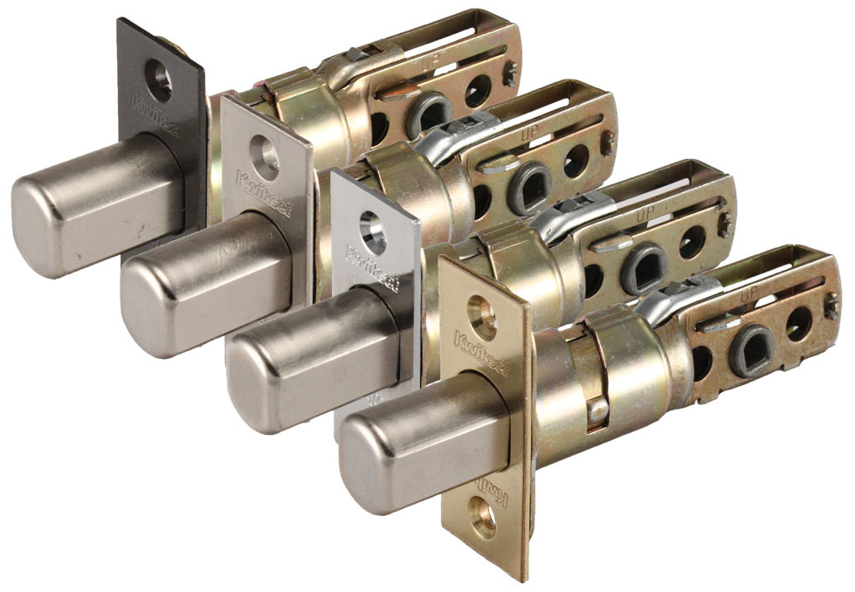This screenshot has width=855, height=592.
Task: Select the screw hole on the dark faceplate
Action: [160, 81]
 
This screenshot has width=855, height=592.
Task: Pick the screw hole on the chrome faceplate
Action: [374, 233]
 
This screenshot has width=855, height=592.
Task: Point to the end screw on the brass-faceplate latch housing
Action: [832, 305]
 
